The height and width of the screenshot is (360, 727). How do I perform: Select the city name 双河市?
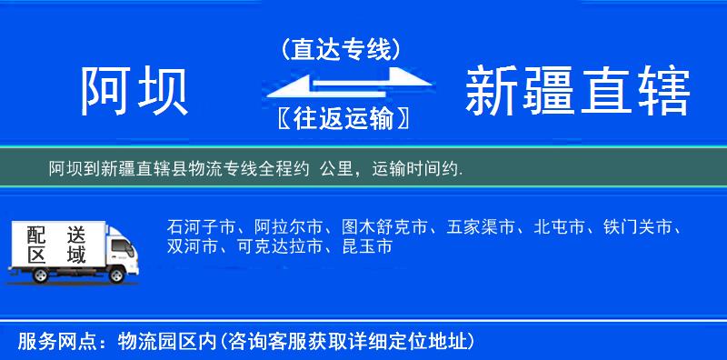point(192,246)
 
